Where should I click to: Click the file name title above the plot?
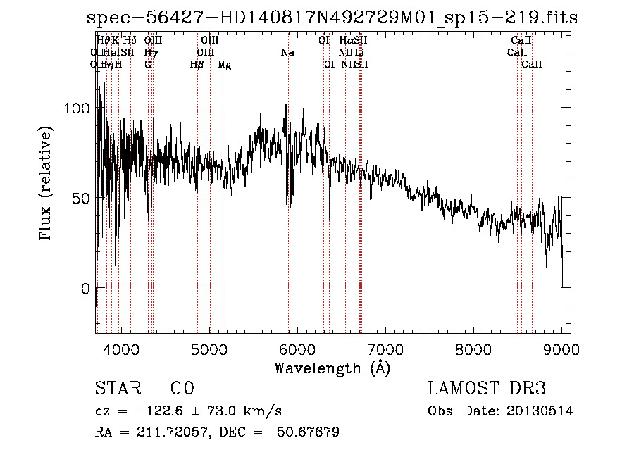[x=331, y=18]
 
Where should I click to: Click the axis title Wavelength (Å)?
[x=332, y=368]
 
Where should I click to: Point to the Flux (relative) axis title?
[x=47, y=184]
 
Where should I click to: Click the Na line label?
[x=287, y=53]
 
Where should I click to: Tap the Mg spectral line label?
[x=224, y=65]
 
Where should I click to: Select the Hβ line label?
[x=197, y=65]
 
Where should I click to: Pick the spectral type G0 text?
[x=182, y=389]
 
